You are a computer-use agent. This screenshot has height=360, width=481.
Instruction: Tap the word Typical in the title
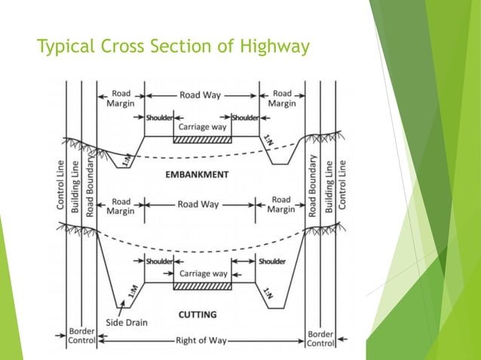pyautogui.click(x=65, y=47)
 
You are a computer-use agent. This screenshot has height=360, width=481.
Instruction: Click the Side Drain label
pyautogui.click(x=133, y=322)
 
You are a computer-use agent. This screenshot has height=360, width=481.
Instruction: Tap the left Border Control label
pyautogui.click(x=81, y=336)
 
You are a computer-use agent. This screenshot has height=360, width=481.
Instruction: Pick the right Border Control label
pyautogui.click(x=320, y=336)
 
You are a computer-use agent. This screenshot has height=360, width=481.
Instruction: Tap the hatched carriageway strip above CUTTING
pyautogui.click(x=202, y=286)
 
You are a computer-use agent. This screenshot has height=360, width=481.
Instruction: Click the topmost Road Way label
pyautogui.click(x=201, y=96)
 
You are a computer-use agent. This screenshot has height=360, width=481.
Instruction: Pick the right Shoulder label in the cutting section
pyautogui.click(x=271, y=261)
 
